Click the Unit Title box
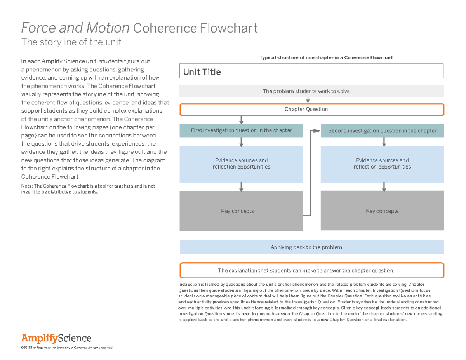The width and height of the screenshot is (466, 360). [311, 71]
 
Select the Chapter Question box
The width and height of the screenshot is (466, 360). [311, 110]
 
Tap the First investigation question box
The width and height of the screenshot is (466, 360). [241, 130]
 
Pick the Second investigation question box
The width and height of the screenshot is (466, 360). [382, 131]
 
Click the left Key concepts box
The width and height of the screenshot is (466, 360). [241, 211]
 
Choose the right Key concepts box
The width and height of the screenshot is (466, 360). [382, 211]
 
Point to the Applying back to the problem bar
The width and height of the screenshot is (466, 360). [311, 247]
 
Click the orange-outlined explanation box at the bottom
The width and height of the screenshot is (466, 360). [311, 270]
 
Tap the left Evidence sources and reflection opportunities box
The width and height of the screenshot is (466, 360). [241, 163]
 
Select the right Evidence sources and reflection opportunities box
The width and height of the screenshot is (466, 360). [382, 163]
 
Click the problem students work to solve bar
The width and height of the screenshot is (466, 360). [311, 91]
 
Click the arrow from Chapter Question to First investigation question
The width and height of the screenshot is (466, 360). [242, 120]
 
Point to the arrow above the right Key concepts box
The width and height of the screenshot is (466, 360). [384, 187]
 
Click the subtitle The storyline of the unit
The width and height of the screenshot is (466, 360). [71, 42]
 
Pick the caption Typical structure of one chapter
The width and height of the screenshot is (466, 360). [326, 58]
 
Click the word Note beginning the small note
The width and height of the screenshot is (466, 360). [26, 186]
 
